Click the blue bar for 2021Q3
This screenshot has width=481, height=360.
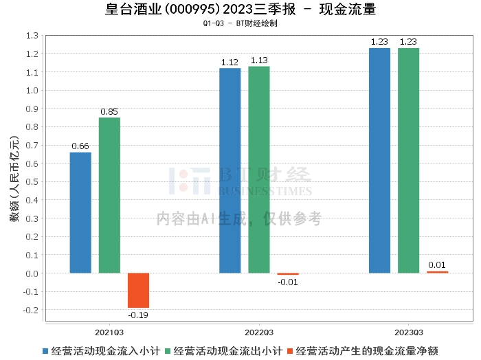tap(80, 212)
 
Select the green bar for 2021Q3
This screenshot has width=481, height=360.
tap(109, 195)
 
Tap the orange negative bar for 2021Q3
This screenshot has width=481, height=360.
tap(138, 290)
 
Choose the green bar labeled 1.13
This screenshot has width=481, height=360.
tap(259, 170)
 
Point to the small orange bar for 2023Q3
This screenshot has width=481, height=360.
tap(437, 272)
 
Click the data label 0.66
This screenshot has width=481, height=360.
tap(80, 146)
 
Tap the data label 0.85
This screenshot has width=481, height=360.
tap(109, 111)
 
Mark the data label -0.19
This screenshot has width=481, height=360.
tap(138, 315)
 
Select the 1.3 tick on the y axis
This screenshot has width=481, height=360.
tap(32, 35)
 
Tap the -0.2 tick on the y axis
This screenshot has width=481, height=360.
tap(31, 310)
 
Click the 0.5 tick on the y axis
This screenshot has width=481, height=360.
tap(32, 181)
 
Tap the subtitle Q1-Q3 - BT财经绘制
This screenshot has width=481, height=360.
tap(240, 23)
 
